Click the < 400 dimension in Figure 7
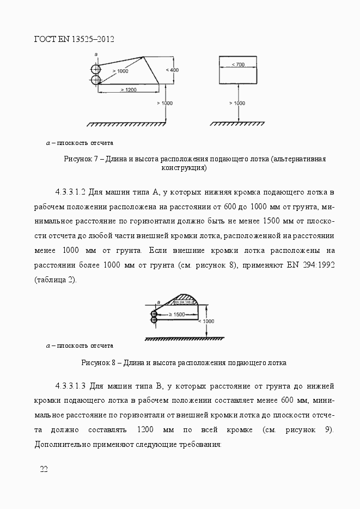pyautogui.click(x=171, y=70)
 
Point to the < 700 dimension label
pyautogui.click(x=237, y=65)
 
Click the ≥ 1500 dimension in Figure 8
pyautogui.click(x=175, y=315)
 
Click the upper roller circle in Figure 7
pyautogui.click(x=96, y=69)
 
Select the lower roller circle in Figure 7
pyautogui.click(x=96, y=80)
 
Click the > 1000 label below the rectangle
pyautogui.click(x=237, y=103)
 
